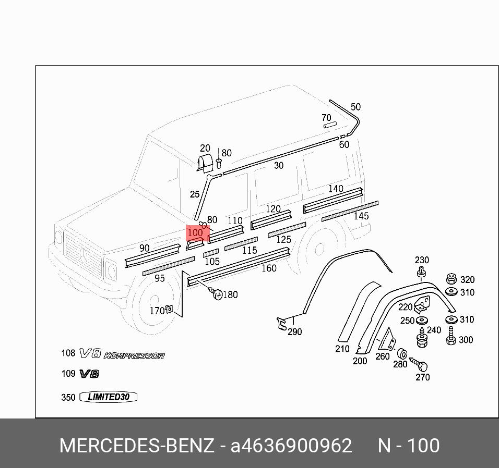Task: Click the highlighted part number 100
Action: [x=195, y=232]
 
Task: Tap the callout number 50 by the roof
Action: [x=355, y=107]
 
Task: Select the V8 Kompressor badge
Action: [x=122, y=354]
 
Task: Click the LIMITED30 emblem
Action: [x=108, y=397]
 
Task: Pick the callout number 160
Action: [x=269, y=268]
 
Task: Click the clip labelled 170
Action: [x=169, y=310]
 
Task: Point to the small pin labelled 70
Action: [x=329, y=125]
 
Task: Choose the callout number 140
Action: [x=336, y=189]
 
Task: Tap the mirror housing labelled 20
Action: [x=205, y=163]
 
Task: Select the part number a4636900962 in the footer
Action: [x=291, y=446]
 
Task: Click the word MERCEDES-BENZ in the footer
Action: [x=137, y=446]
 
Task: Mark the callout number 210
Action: [x=342, y=349]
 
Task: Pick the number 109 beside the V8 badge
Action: [x=68, y=374]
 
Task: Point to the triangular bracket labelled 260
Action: [x=388, y=341]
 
